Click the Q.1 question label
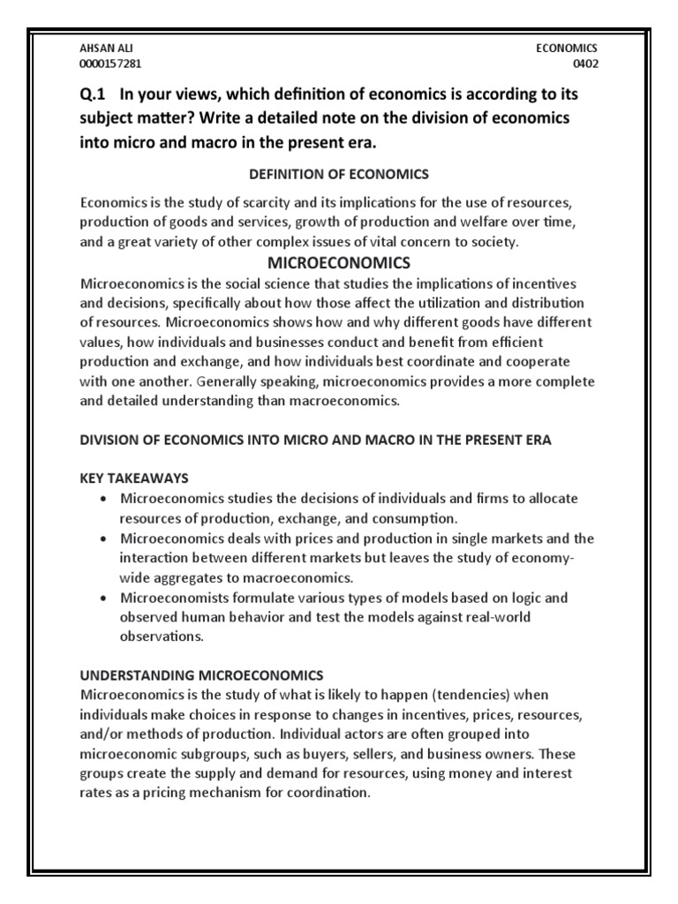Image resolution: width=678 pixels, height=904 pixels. pos(93,94)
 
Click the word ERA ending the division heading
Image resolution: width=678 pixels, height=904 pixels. pos(535,441)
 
